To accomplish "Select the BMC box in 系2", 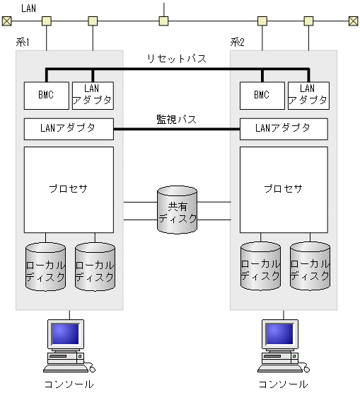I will [x=261, y=94].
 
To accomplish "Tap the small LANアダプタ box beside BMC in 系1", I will [x=92, y=94].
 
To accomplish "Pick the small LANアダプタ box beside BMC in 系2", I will [x=308, y=94].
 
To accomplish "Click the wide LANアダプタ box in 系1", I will [x=69, y=128].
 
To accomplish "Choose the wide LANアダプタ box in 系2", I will [x=284, y=128].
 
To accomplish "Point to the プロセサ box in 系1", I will [x=69, y=189].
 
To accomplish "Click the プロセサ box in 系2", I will [x=284, y=189].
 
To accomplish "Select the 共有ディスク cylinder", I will [x=178, y=212].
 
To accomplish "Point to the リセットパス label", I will [x=177, y=59].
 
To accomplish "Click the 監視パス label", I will [x=176, y=119].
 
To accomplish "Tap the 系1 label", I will [x=23, y=42].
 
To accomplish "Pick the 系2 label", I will [x=238, y=42].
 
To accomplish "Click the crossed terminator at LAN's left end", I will [x=6, y=21].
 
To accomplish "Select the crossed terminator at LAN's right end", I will [x=353, y=21].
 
